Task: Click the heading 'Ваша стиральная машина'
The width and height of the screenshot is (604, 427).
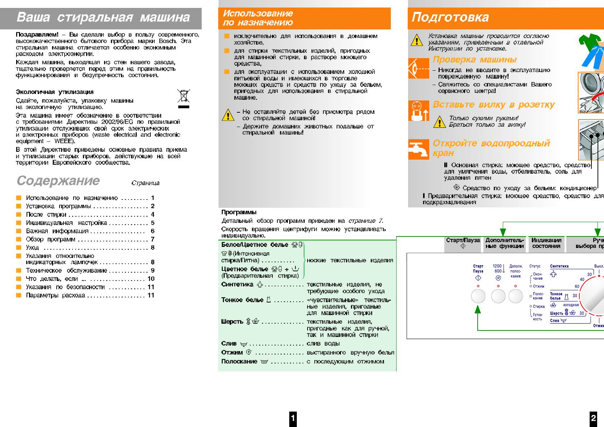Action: [103, 17]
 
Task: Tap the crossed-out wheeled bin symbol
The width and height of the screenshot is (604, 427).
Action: [183, 96]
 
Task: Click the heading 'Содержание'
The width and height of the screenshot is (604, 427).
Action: [58, 180]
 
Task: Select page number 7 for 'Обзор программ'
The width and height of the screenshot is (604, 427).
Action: [153, 239]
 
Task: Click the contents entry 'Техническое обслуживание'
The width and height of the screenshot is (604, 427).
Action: [66, 271]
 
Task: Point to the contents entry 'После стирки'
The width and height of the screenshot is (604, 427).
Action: [46, 215]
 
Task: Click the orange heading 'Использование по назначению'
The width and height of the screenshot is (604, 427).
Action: [258, 18]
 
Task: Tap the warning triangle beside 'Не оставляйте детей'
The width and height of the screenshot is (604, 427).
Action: [228, 115]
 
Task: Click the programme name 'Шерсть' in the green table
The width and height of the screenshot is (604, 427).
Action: [232, 322]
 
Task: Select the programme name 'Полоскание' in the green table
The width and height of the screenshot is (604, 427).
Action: [239, 361]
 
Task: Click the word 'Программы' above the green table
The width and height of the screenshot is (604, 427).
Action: [239, 212]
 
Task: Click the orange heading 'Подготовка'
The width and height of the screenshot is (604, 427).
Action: [450, 17]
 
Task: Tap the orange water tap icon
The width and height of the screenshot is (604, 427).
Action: [418, 149]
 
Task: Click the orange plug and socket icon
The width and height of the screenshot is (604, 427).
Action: [418, 111]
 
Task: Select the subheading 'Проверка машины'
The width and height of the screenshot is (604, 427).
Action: [474, 60]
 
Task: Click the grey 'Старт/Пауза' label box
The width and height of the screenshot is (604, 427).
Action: [463, 243]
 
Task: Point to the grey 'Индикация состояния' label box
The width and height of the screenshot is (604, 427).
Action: [546, 243]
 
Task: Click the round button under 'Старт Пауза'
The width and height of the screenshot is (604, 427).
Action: [478, 296]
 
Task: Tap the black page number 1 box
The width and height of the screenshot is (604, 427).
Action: [293, 418]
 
